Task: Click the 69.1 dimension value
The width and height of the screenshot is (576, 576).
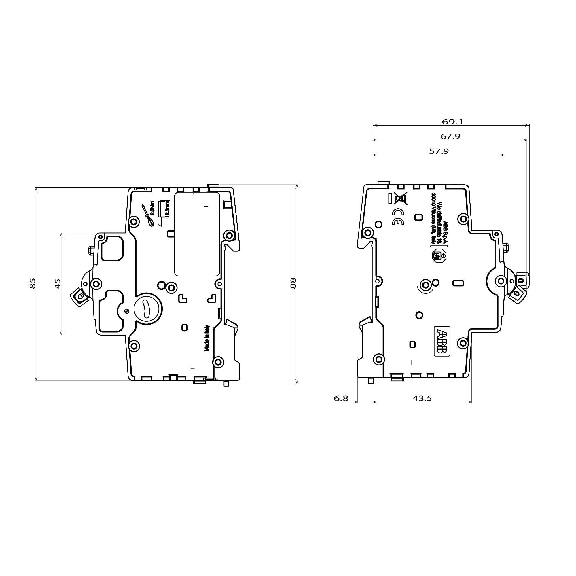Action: click(452, 122)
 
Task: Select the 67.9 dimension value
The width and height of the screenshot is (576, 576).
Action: click(450, 137)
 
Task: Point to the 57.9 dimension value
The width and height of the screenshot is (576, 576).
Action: click(439, 151)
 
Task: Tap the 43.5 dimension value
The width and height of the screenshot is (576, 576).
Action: click(422, 398)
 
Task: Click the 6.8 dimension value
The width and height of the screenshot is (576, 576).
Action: click(341, 398)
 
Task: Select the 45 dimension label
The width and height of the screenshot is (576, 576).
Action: click(58, 283)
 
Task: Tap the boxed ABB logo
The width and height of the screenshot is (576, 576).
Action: click(442, 341)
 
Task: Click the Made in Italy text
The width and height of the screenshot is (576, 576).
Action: click(207, 338)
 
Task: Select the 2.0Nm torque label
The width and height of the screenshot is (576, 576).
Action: click(153, 209)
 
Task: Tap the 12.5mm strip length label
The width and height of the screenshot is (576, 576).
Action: click(167, 209)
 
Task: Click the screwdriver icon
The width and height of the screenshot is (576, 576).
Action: click(147, 215)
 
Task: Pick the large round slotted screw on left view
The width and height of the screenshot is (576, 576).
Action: click(148, 308)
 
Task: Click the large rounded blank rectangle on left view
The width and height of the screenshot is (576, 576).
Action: click(197, 234)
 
